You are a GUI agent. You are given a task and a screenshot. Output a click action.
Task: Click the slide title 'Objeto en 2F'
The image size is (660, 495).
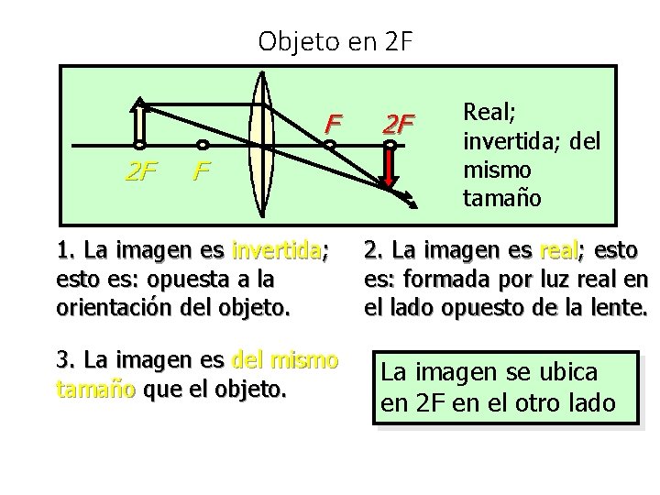[x=336, y=41]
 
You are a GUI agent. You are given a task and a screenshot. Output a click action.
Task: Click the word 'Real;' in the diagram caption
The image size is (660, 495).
[x=489, y=111]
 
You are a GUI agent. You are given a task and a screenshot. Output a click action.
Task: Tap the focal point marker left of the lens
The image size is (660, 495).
[x=203, y=145]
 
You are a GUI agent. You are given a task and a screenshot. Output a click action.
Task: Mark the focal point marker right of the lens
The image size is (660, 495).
[x=328, y=145]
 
